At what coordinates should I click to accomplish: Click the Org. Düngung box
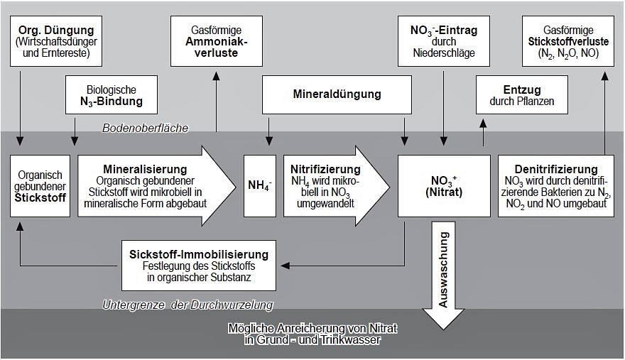click(x=57, y=41)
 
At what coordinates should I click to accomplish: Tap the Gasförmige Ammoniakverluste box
click(x=217, y=41)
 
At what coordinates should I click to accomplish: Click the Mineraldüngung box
click(x=337, y=94)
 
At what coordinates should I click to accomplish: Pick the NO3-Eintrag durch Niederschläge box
click(x=443, y=41)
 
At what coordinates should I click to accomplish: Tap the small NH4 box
click(x=259, y=185)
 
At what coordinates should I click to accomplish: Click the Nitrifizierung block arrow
click(x=334, y=185)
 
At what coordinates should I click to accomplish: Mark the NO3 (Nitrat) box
click(x=444, y=185)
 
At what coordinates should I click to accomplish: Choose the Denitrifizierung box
click(x=556, y=185)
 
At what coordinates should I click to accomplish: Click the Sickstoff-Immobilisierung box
click(x=199, y=266)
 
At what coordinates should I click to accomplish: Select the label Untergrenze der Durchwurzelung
click(x=187, y=305)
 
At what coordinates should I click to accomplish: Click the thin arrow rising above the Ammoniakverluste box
click(x=217, y=99)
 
